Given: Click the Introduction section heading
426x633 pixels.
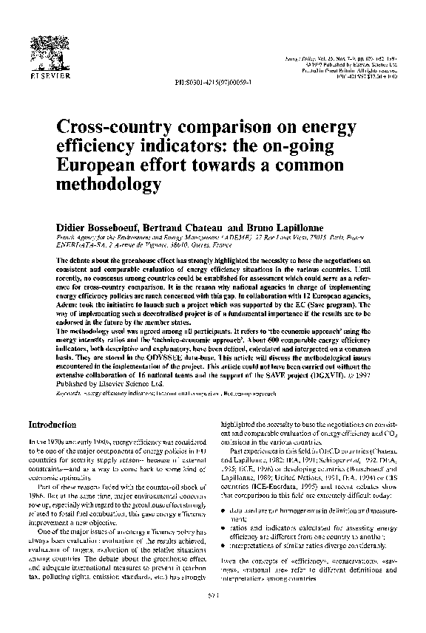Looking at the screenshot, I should click(x=52, y=425).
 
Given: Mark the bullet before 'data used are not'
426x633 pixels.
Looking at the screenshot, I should click(x=224, y=510).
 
